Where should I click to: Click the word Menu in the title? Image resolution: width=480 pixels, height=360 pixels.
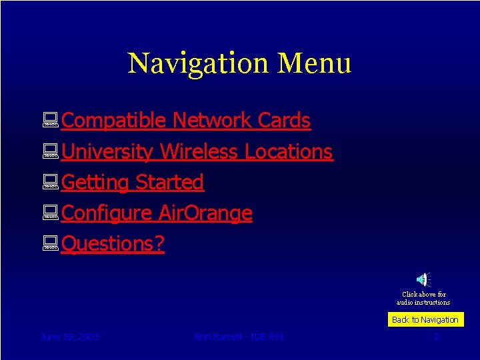(315, 63)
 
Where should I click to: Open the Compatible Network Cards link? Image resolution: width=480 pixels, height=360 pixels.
(186, 121)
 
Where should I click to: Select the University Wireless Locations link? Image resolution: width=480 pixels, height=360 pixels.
(197, 151)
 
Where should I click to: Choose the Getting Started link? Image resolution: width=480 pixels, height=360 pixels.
(133, 182)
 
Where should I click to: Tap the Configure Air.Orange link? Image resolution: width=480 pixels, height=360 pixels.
(157, 213)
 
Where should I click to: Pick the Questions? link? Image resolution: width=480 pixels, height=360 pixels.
(113, 244)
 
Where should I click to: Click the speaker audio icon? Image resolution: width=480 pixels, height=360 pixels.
(423, 280)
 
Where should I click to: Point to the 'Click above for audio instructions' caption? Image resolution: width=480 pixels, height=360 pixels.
(423, 298)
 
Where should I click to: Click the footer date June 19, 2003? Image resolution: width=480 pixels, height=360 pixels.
(70, 337)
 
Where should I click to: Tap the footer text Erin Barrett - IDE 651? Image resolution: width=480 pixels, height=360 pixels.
(239, 337)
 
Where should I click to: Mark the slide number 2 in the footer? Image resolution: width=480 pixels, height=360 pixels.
(436, 337)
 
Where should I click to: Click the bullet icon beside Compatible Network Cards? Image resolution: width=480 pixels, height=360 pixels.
(51, 121)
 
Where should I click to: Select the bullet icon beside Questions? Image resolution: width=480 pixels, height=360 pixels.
(51, 245)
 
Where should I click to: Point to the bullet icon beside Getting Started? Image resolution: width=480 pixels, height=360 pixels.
(51, 183)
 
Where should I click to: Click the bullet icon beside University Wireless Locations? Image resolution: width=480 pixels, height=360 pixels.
(51, 152)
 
